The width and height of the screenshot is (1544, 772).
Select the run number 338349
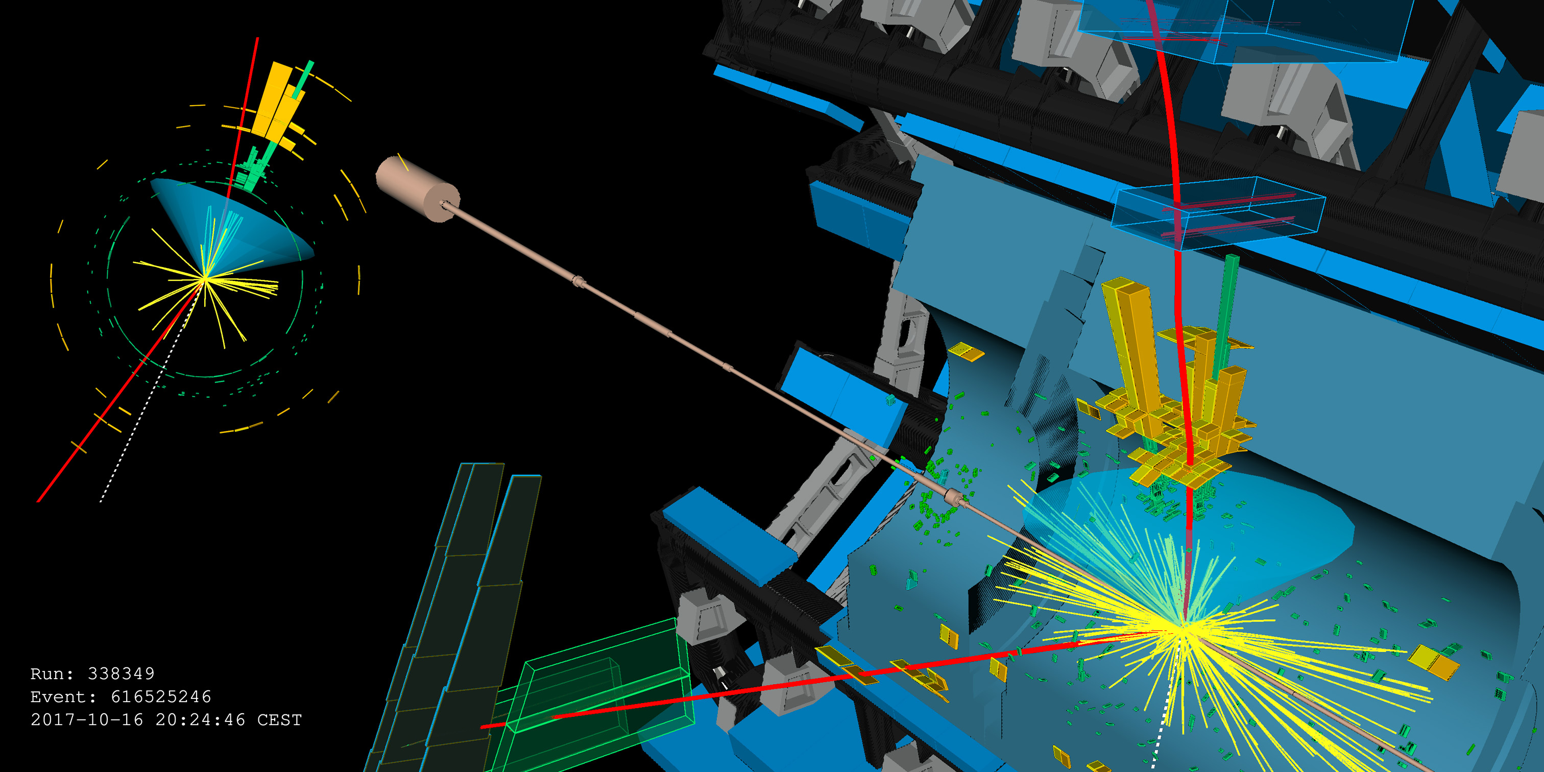[x=121, y=673]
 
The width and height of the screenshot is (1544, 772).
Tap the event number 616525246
[x=161, y=696]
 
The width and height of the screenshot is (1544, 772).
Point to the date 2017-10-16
[x=87, y=719]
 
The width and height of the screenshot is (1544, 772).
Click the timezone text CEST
[x=279, y=719]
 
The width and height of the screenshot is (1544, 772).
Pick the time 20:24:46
[x=200, y=719]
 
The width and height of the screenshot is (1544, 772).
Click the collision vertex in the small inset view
[x=205, y=279]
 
